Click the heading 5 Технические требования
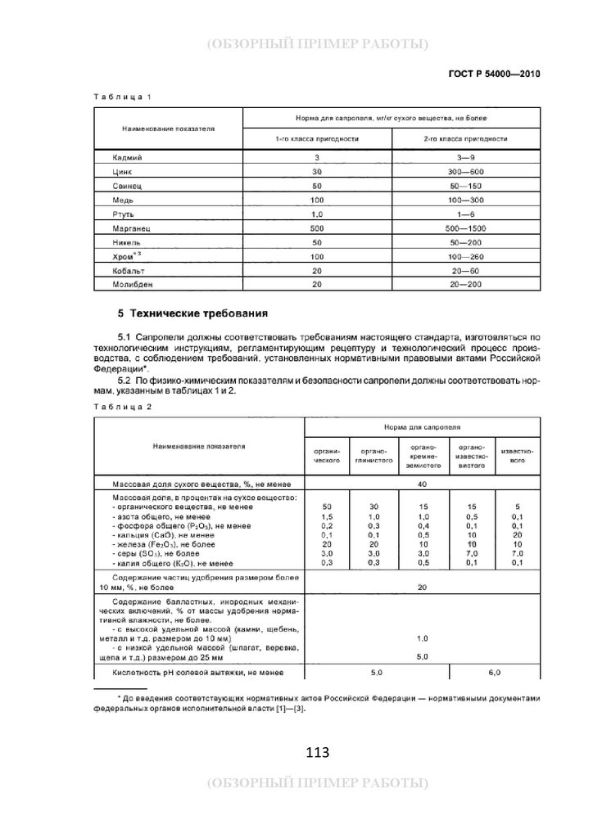pos(192,313)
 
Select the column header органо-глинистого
pos(373,456)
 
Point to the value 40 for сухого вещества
pos(422,484)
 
